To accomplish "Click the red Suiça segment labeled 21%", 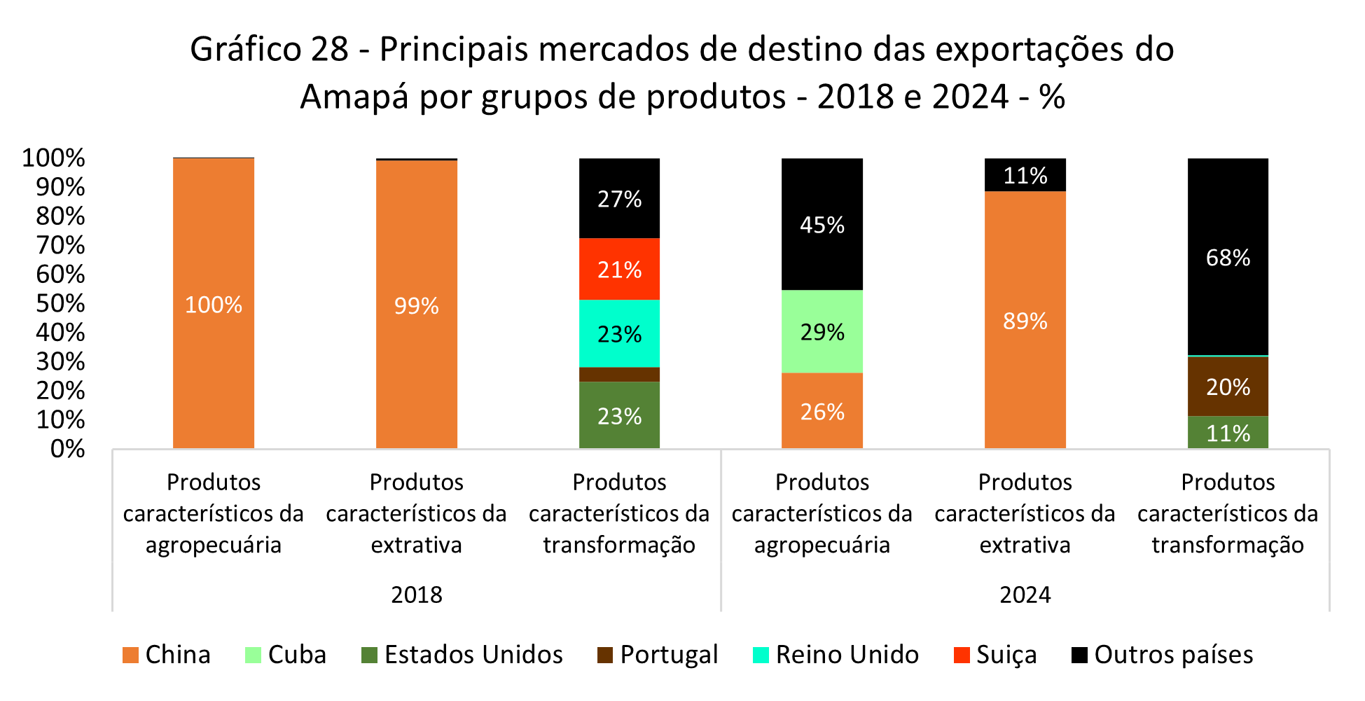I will point(619,270).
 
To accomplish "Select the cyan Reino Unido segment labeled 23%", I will point(619,333).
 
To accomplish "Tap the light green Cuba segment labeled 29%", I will point(822,331).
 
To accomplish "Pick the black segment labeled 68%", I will point(1227,257).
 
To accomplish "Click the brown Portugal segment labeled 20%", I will point(1227,387).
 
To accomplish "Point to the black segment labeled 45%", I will point(822,225).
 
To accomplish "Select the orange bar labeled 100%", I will point(213,304).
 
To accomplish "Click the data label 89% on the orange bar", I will point(1025,321).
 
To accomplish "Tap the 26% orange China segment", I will point(822,411).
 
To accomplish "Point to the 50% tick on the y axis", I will point(60,303).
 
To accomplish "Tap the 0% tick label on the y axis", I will point(68,449).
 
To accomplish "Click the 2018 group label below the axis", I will point(416,595).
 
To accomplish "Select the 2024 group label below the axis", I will point(1025,595).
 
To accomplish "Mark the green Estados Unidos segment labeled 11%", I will point(1227,433).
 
